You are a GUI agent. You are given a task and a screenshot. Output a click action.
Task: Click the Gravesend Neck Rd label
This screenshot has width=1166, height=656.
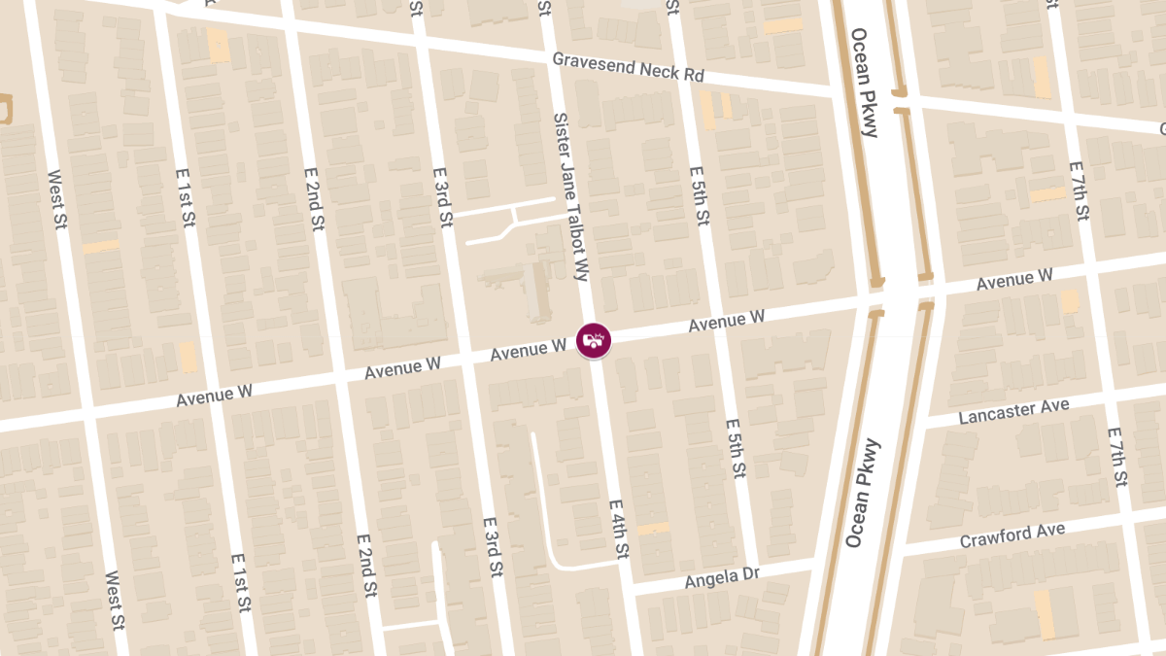(641, 68)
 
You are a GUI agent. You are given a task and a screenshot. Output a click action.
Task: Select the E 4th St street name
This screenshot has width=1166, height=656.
(619, 530)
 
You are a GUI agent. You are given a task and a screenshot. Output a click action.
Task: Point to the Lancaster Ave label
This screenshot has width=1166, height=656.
(1013, 411)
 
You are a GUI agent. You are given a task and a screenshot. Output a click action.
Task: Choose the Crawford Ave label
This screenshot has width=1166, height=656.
(1012, 535)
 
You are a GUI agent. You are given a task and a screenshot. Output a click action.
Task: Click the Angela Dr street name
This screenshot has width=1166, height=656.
(722, 578)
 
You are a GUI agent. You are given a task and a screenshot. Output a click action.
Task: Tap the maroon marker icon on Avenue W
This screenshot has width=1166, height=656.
(594, 340)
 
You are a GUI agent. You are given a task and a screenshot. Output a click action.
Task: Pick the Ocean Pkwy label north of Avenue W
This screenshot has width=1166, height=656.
(864, 83)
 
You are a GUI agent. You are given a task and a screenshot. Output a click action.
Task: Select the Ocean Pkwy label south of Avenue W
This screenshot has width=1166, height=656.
(862, 493)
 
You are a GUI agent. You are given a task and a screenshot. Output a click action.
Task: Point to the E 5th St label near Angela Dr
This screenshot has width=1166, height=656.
(736, 449)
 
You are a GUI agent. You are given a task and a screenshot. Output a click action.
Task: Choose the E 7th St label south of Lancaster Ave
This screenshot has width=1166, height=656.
(1116, 456)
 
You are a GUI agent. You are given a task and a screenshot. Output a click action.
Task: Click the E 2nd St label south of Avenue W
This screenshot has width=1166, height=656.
(366, 566)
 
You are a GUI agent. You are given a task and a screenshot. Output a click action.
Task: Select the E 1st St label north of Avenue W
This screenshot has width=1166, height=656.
(187, 197)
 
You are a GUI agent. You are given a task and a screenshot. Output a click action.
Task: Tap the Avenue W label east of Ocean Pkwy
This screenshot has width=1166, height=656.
(1014, 280)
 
